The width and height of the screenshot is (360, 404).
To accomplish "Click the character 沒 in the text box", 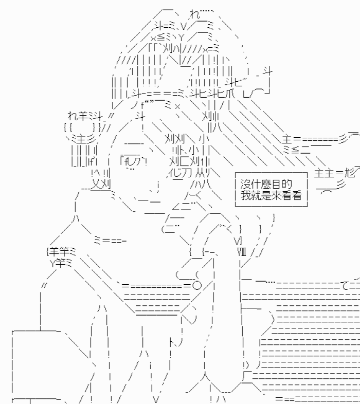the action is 245,184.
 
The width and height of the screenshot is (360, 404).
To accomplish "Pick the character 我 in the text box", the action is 245,195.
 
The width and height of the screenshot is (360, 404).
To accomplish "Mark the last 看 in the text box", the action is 297,195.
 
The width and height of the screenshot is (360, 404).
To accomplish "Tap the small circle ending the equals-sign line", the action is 197,285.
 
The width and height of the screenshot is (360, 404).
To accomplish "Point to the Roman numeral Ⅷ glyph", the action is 241,251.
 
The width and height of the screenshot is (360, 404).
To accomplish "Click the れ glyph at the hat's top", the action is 195,14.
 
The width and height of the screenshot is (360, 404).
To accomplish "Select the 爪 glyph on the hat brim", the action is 230,94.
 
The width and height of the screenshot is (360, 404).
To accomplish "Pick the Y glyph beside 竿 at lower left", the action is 53,263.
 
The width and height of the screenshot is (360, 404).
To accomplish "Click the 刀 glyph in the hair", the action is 187,173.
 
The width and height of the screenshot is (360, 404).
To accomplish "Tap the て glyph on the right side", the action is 346,285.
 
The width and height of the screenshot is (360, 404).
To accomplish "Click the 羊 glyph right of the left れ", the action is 83,116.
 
